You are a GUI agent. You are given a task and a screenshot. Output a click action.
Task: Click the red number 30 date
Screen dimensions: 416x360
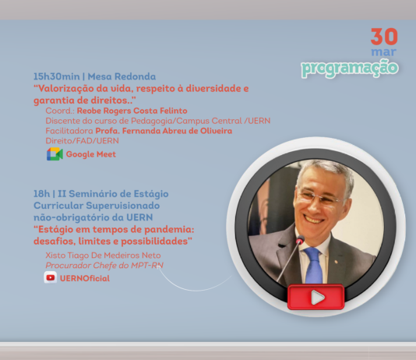[384, 37]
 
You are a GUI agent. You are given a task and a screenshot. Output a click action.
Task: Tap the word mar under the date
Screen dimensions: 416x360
[383, 51]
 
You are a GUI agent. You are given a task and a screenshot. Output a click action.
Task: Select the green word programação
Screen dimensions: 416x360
[350, 69]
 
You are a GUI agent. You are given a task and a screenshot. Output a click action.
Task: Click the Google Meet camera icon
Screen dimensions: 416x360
[55, 154]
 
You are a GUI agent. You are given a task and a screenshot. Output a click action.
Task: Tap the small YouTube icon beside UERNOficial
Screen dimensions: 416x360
[51, 277]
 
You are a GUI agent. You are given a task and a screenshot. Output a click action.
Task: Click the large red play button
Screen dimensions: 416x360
[316, 297]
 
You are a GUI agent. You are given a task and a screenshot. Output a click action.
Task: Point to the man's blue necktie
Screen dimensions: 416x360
[314, 265]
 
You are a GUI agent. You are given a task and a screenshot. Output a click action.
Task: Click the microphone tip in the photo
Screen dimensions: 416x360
[300, 240]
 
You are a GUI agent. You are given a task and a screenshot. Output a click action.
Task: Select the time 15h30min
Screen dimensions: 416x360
[57, 76]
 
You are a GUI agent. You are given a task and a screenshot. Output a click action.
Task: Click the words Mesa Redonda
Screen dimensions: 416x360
[122, 76]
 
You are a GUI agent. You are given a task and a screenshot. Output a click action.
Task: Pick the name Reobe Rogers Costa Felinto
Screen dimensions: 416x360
[132, 111]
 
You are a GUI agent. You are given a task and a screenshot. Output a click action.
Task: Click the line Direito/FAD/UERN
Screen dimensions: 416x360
[83, 140]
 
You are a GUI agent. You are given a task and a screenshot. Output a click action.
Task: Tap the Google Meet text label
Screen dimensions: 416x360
[91, 154]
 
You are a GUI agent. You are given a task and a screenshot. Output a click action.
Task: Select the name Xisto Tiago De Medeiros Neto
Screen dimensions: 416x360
[103, 256]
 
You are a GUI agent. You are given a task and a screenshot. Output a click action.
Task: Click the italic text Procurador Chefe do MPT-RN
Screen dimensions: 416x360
[104, 265]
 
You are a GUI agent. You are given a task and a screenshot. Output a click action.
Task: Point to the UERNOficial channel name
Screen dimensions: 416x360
[85, 278]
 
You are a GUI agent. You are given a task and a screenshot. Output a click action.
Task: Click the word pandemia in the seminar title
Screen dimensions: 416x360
[169, 229]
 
